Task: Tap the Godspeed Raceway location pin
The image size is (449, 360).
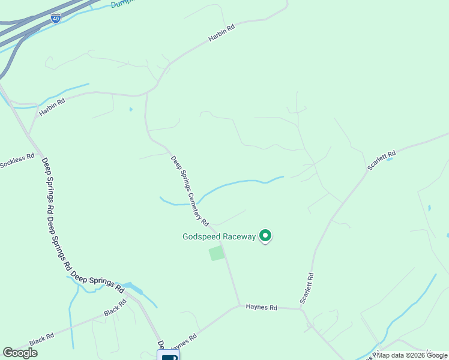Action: [265, 236]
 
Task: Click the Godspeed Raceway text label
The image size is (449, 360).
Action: [219, 236]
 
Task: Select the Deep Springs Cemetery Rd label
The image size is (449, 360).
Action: [190, 191]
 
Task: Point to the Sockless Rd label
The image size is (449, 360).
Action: [17, 160]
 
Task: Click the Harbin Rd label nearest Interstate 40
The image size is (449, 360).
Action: [221, 34]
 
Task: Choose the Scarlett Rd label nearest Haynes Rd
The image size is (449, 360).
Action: [307, 288]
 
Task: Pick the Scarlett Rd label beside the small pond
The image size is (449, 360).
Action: [382, 160]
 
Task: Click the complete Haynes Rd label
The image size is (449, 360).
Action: [261, 307]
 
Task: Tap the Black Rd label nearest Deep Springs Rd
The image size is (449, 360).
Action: [115, 308]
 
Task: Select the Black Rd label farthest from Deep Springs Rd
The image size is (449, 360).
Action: [41, 339]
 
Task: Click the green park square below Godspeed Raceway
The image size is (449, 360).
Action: [216, 253]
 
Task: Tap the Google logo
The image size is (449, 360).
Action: [20, 353]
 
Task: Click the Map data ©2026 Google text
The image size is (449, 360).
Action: [412, 355]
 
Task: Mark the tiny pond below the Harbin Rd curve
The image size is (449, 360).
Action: [130, 109]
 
